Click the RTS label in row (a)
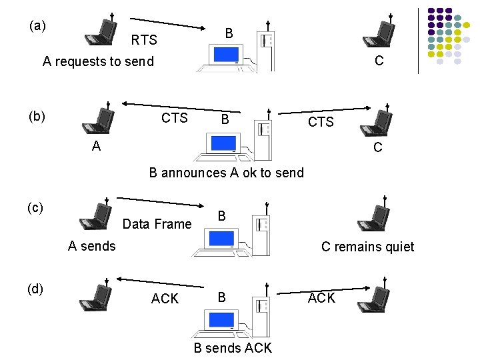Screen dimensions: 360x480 (144, 41)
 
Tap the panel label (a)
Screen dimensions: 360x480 (38, 26)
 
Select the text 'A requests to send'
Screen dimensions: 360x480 (98, 62)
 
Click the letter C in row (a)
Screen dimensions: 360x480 (379, 61)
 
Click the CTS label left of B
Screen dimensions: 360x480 (175, 118)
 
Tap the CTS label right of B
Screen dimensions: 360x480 (321, 122)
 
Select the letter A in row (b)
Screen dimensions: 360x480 (97, 146)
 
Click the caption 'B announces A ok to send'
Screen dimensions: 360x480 (226, 173)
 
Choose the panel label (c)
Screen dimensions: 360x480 (36, 207)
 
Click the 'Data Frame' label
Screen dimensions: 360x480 (157, 224)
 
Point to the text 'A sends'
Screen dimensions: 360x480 (92, 246)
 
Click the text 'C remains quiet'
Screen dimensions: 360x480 (367, 247)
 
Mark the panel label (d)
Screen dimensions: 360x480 (35, 288)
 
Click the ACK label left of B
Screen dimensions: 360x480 (165, 299)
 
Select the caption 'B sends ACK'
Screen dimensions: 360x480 (233, 347)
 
